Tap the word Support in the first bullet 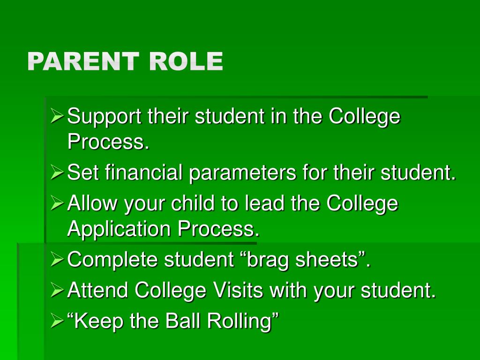[x=105, y=117]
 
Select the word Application [x=120, y=230]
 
